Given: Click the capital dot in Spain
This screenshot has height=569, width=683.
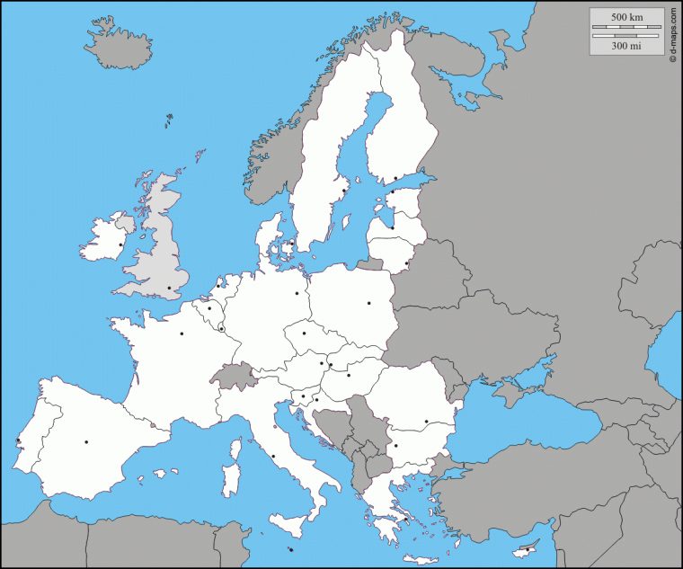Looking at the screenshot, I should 86,441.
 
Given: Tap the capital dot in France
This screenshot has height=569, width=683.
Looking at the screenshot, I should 182,333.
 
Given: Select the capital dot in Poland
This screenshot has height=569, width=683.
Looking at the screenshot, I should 368,303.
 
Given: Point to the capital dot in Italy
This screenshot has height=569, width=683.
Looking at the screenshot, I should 273,456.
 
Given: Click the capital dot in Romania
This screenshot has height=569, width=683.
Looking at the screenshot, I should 426,421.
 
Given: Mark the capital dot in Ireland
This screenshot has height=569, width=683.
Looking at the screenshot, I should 121,244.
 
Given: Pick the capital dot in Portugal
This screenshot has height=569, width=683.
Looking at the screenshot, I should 18,440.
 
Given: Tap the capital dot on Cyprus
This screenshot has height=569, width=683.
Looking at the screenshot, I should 528,550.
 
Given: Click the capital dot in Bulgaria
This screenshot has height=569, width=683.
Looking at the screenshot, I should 395,445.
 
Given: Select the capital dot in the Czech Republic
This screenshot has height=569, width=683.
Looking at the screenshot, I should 304,333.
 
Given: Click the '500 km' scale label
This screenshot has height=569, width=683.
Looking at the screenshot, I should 626,18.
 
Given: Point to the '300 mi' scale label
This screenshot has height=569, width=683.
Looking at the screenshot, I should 626,44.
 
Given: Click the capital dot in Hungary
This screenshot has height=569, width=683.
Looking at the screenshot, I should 349,375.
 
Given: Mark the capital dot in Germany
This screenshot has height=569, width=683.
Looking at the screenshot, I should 297,292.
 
